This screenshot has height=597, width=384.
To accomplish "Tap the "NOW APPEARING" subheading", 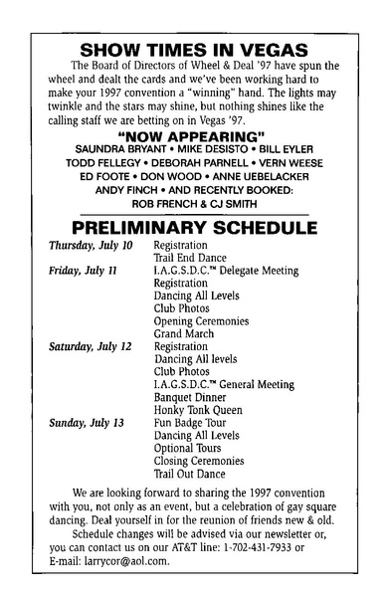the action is (191, 134).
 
